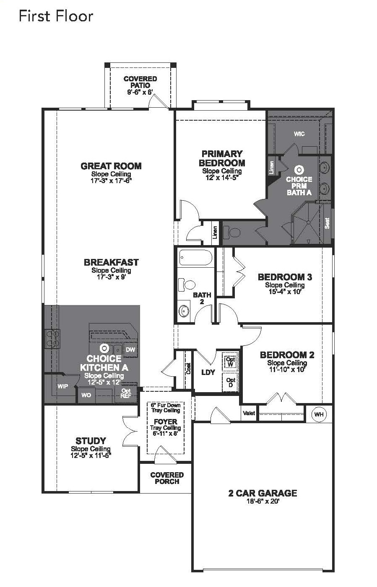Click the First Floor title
pyautogui.click(x=56, y=16)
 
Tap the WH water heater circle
pyautogui.click(x=319, y=414)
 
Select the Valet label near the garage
pyautogui.click(x=249, y=413)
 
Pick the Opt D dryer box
pyautogui.click(x=231, y=383)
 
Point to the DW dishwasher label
pyautogui.click(x=130, y=349)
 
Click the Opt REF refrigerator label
pyautogui.click(x=126, y=393)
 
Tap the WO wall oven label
pyautogui.click(x=86, y=395)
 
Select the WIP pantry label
pyautogui.click(x=63, y=386)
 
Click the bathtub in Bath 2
pyautogui.click(x=195, y=257)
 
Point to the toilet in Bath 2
pyautogui.click(x=187, y=284)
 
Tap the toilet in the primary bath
pyautogui.click(x=232, y=233)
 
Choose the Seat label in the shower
pyautogui.click(x=327, y=223)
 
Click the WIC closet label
pyautogui.click(x=299, y=134)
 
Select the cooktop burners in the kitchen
pyautogui.click(x=52, y=339)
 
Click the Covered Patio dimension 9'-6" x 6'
pyautogui.click(x=140, y=92)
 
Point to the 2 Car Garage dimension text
pyautogui.click(x=263, y=501)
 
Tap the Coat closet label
pyautogui.click(x=188, y=368)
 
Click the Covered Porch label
pyautogui.click(x=167, y=478)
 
